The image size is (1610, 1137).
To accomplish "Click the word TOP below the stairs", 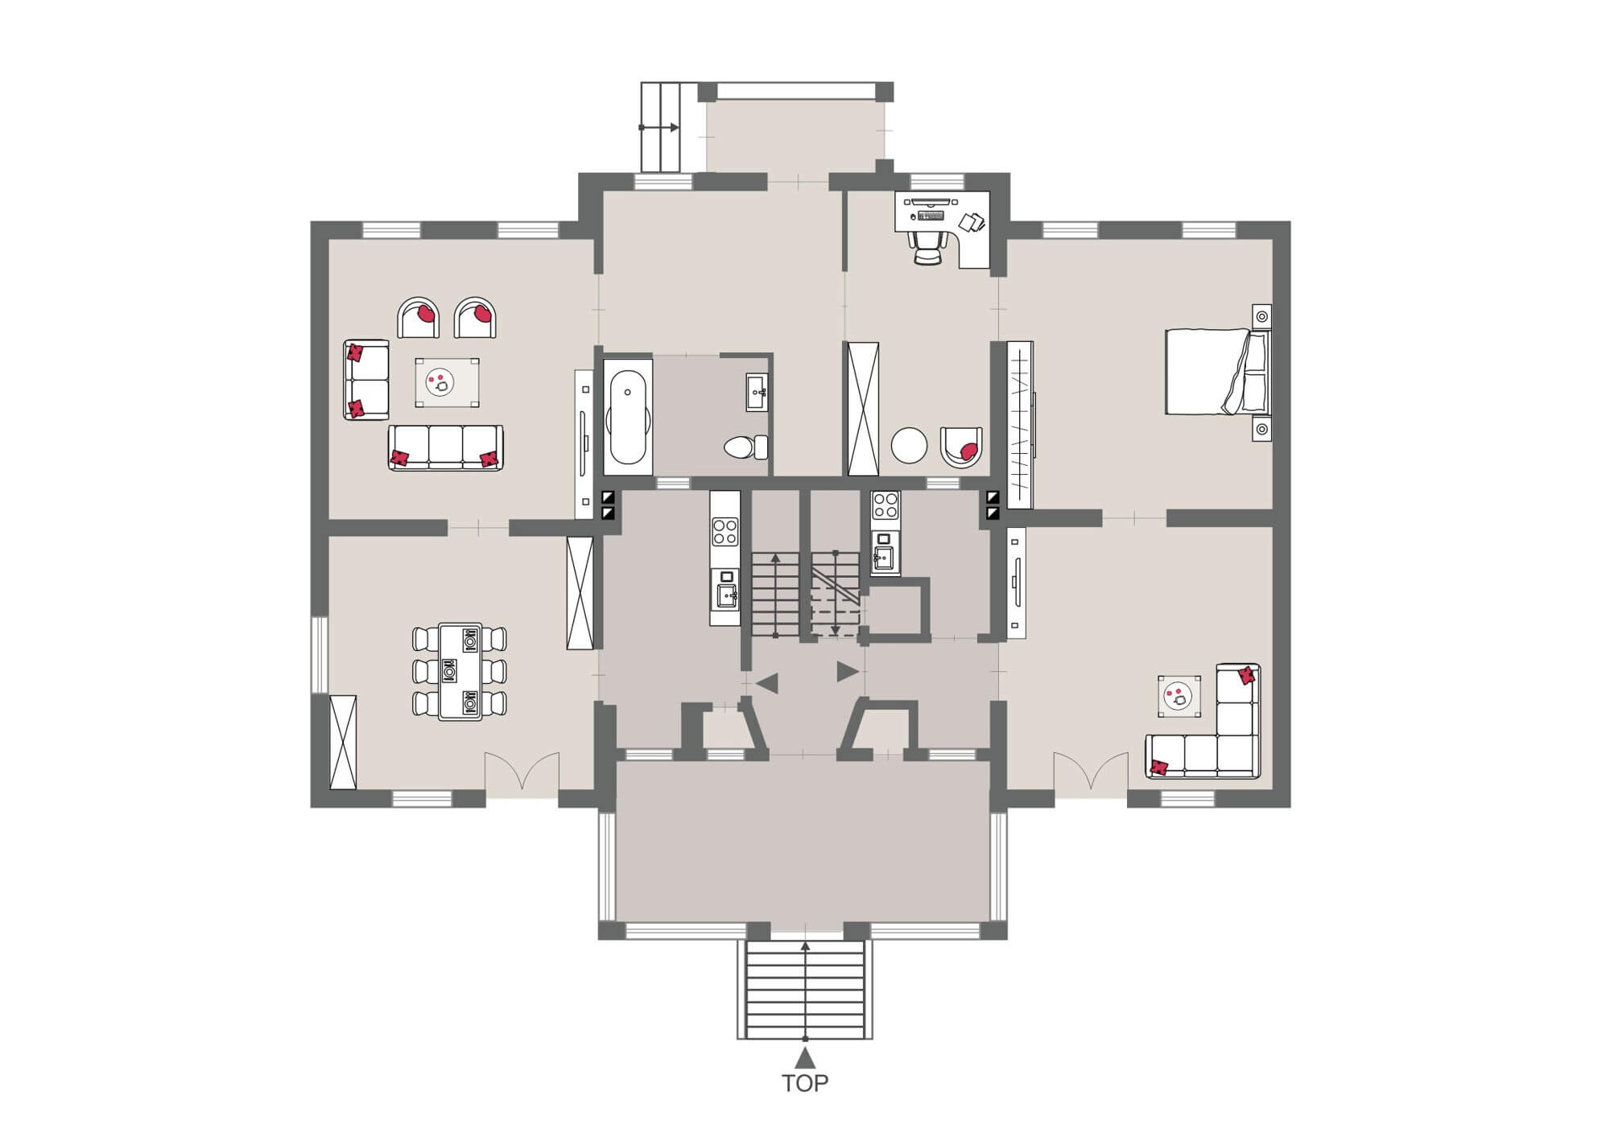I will pos(805,1083).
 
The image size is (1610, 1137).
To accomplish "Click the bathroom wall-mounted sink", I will pos(757,392).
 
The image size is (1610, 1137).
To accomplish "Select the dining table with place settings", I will pos(460,671).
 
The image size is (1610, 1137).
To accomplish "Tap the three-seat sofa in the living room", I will pos(445,447).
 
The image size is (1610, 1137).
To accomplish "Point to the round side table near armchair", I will pos(910,444).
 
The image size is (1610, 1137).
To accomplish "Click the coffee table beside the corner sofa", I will pos(1179,696).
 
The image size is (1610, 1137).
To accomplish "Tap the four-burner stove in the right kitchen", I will pos(885,505).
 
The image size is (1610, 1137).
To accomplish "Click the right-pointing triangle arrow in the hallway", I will pos(846,671).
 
